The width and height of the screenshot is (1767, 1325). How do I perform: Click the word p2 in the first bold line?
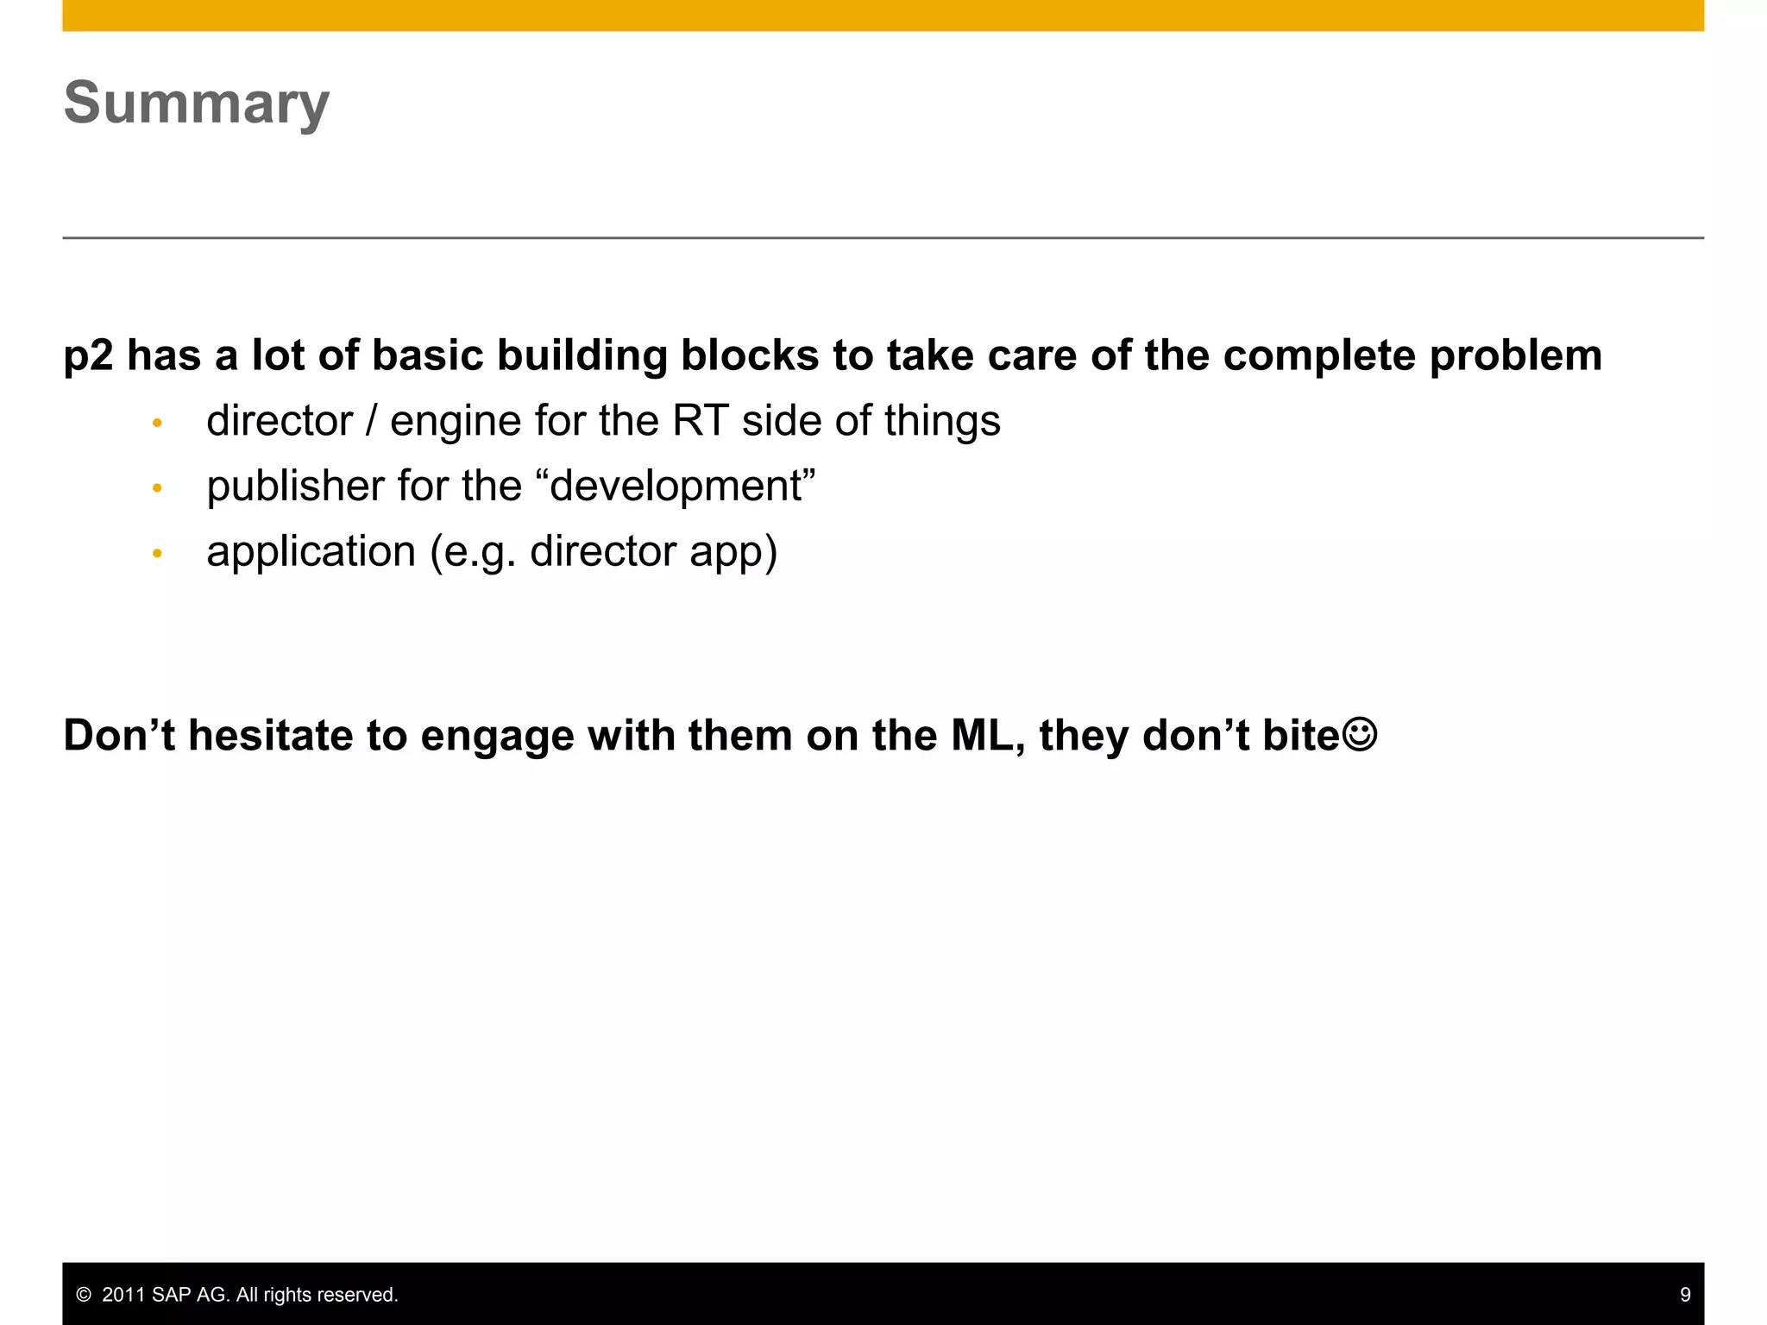tap(88, 356)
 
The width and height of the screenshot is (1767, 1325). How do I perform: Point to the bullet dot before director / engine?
tap(157, 423)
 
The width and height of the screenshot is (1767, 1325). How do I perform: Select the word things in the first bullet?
tap(941, 422)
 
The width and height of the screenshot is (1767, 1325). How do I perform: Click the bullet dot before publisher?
tap(157, 488)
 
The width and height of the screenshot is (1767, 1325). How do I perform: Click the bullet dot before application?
tap(157, 553)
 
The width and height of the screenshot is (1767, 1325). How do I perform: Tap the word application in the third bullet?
tap(311, 552)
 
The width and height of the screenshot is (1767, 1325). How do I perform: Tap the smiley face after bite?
tap(1360, 734)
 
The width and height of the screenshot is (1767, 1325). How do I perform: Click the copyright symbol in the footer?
tap(84, 1295)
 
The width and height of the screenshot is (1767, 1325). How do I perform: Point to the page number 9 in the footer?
tap(1684, 1295)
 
